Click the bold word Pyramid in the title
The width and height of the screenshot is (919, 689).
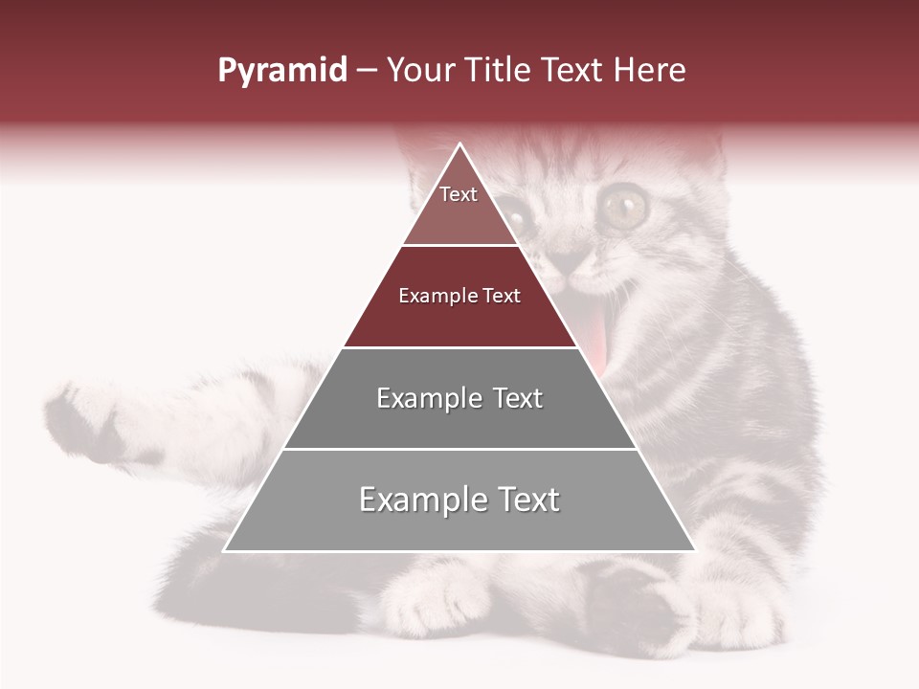point(281,71)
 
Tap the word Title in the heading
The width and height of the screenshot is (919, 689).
point(501,71)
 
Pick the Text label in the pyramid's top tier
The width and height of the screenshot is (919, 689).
point(459,194)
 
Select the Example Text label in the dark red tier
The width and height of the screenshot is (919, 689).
point(459,296)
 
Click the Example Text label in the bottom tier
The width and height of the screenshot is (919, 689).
point(459,500)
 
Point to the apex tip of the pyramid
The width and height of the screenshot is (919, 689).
point(460,144)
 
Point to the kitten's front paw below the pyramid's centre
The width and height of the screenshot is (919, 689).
point(436,598)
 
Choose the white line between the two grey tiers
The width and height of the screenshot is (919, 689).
point(459,449)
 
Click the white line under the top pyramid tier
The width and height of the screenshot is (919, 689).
point(459,245)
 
